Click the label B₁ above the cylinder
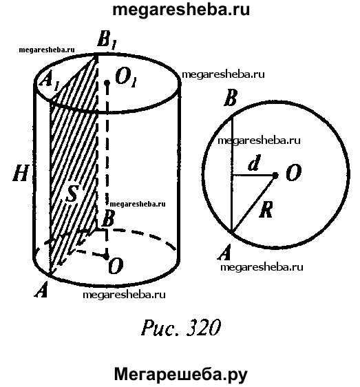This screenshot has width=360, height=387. (106, 41)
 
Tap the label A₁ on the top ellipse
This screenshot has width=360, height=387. (50, 81)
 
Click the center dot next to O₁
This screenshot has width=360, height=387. (107, 83)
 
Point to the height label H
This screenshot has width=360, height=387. (21, 173)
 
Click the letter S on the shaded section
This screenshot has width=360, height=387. (73, 193)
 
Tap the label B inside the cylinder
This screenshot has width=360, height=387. (108, 218)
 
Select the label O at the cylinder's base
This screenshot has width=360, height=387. (116, 266)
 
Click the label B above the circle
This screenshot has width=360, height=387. (231, 98)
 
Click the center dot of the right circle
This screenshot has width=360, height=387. (275, 175)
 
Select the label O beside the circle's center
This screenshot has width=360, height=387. (294, 173)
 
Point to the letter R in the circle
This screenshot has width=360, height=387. (266, 209)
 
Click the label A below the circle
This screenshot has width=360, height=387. (224, 252)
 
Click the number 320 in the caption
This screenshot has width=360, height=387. (203, 328)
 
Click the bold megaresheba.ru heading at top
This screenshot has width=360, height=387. (181, 10)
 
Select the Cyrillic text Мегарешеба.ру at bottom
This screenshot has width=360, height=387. (181, 375)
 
